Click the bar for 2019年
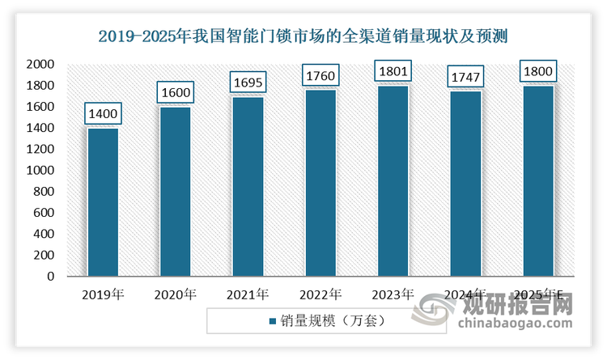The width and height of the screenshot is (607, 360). point(102,202)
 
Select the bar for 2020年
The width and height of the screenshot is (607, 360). point(175,192)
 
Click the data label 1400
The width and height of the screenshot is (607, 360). point(102,114)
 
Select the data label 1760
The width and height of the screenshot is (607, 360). point(320,76)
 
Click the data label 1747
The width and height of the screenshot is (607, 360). point(466,78)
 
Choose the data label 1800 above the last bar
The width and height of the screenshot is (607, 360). point(539,72)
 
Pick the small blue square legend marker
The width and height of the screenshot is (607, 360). point(272,321)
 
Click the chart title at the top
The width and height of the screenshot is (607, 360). point(303,36)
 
